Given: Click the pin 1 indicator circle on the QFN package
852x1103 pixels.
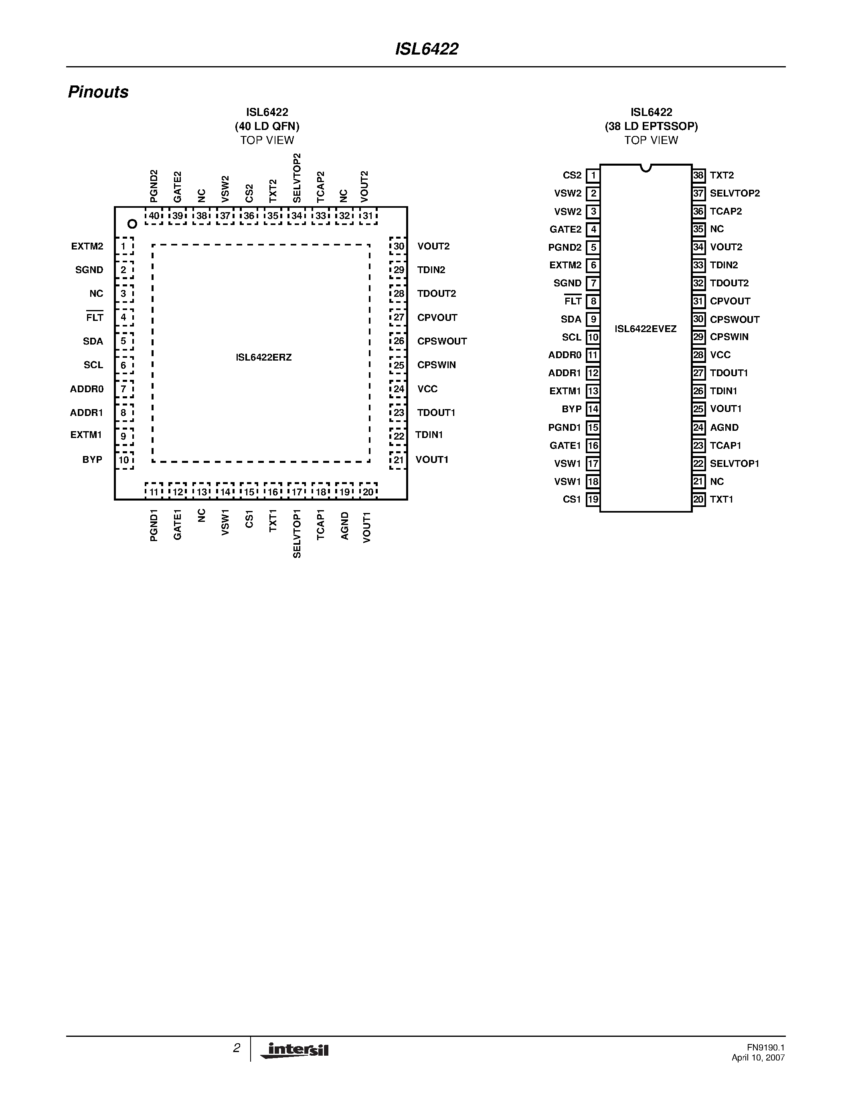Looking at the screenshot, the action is coord(132,224).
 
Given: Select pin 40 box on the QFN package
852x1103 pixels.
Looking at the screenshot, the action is coord(154,216).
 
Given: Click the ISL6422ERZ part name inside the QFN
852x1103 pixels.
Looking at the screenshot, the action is coord(263,357).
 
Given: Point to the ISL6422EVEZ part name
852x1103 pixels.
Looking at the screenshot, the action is coord(645,329).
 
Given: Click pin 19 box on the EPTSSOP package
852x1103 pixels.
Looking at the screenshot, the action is coord(593,499).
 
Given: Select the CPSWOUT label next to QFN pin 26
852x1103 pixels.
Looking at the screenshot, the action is coord(442,341).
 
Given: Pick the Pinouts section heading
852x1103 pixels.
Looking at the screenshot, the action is coord(98,92).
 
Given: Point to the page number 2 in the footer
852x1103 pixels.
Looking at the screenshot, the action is coord(236,1048).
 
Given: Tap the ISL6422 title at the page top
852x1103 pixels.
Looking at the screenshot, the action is coord(427,49).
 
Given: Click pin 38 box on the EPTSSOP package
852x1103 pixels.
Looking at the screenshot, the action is coord(698,175).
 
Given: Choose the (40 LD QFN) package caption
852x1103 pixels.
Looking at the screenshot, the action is coord(267,126).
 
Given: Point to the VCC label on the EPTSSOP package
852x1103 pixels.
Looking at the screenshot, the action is coord(720,355).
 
